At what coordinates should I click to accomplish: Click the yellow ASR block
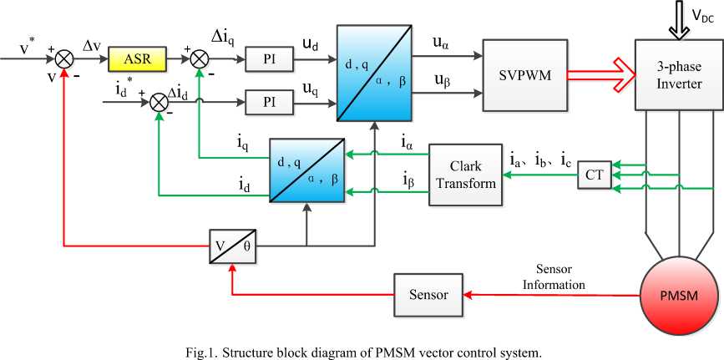(x=137, y=59)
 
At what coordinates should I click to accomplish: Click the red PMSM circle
(x=678, y=294)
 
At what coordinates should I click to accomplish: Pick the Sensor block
(x=428, y=295)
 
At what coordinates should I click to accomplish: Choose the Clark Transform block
(x=466, y=175)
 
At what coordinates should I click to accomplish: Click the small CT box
(x=595, y=174)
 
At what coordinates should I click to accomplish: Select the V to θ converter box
(x=230, y=246)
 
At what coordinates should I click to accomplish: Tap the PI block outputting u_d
(x=270, y=59)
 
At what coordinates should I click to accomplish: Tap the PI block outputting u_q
(x=270, y=102)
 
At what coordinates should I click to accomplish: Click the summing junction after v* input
(x=63, y=59)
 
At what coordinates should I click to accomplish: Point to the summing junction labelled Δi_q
(x=200, y=59)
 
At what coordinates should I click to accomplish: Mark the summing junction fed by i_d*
(x=158, y=102)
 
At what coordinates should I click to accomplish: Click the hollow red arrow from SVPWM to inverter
(x=596, y=74)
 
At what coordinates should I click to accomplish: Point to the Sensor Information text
(x=554, y=278)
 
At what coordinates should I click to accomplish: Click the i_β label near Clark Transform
(x=407, y=178)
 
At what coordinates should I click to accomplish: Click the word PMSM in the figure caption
(x=343, y=352)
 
